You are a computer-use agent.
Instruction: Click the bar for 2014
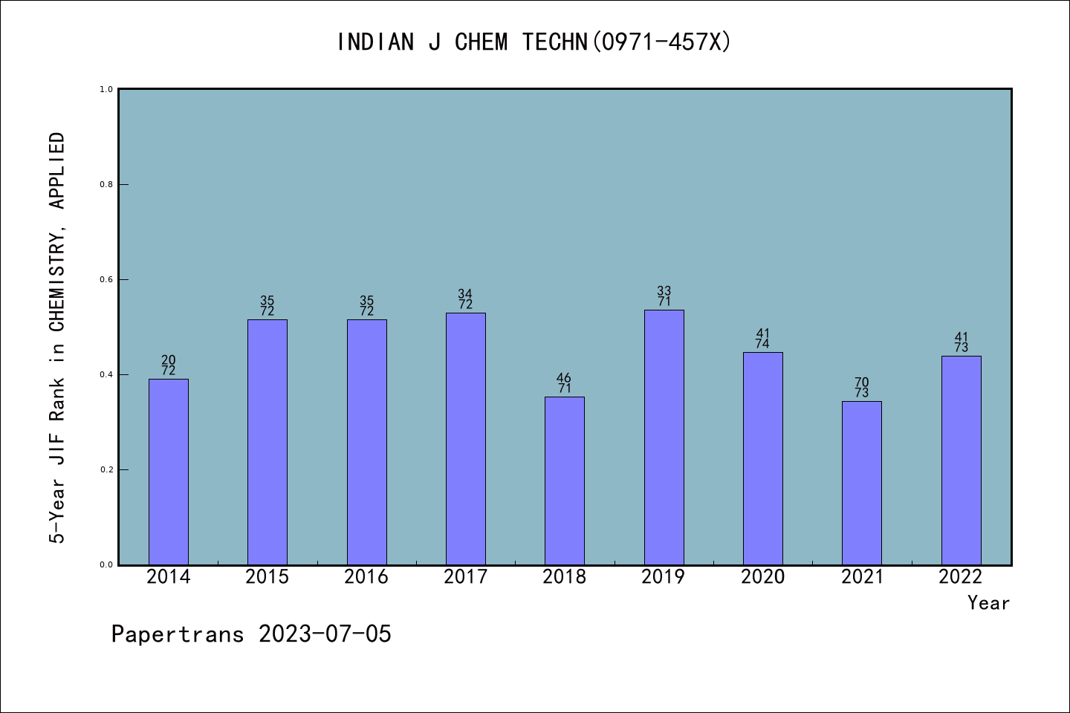(x=169, y=472)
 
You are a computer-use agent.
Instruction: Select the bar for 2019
(x=664, y=437)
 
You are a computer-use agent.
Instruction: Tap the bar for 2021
(x=862, y=483)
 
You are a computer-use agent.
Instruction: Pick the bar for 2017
(x=466, y=439)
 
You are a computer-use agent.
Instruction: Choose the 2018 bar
(x=565, y=481)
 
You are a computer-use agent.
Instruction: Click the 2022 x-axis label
(x=961, y=577)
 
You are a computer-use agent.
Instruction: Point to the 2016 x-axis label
(x=366, y=577)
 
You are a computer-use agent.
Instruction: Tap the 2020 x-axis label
(x=763, y=577)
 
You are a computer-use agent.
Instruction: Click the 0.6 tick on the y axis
(x=106, y=279)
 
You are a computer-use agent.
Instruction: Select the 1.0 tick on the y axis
(x=106, y=89)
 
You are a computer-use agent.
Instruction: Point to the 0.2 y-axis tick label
(x=106, y=469)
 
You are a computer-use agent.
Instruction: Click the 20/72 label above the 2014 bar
(x=168, y=365)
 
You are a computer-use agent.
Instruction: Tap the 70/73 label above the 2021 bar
(x=862, y=387)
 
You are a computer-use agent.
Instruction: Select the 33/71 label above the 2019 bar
(x=664, y=296)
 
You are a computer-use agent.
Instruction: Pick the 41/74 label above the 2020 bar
(x=763, y=339)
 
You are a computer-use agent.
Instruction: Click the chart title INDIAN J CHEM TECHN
(x=462, y=42)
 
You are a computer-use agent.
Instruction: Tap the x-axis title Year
(x=989, y=603)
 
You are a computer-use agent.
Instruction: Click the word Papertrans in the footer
(x=178, y=634)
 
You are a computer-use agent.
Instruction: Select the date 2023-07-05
(x=325, y=634)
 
